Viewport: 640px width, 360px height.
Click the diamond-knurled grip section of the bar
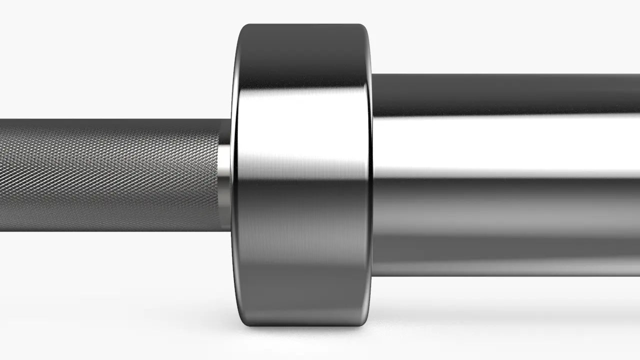tap(110, 175)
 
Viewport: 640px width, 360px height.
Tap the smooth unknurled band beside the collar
tap(225, 175)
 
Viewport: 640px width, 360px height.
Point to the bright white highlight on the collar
tap(302, 130)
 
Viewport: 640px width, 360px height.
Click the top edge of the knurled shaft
tap(110, 119)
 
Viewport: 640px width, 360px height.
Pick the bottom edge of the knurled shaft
tap(110, 230)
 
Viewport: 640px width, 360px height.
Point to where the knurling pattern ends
tap(218, 175)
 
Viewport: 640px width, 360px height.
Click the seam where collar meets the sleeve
tap(372, 175)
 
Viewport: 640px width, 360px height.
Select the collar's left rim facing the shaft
tap(234, 175)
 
